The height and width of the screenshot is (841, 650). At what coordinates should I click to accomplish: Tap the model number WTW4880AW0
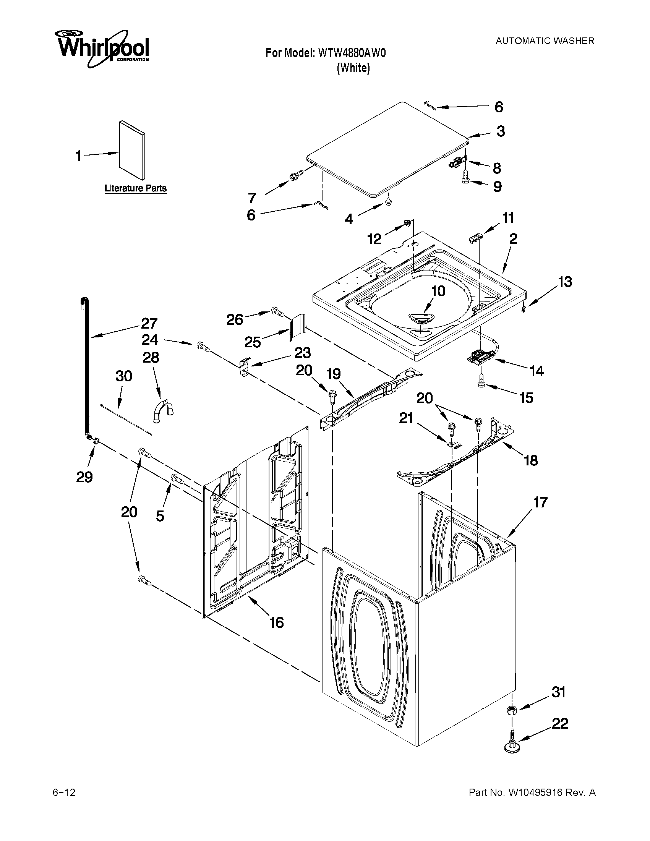coord(351,53)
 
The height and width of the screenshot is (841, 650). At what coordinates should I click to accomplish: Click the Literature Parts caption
coord(136,188)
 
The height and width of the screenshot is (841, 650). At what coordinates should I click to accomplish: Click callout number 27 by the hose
coord(149,323)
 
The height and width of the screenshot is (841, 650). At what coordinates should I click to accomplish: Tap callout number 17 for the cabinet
coord(540,502)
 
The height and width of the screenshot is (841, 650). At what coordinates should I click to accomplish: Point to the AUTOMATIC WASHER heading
coord(545,41)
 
